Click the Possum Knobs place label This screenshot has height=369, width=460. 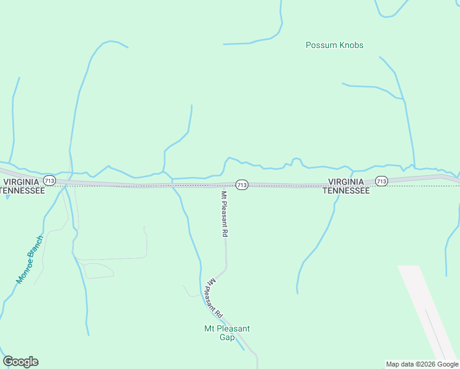335,45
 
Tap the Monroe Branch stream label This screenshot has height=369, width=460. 30,260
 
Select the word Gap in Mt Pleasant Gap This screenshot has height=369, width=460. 227,336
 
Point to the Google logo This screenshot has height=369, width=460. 20,362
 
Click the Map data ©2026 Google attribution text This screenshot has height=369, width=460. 422,364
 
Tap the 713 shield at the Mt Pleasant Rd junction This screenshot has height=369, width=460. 242,184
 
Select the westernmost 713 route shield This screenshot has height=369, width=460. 50,181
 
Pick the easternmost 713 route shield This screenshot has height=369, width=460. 381,181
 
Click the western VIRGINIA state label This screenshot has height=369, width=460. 22,182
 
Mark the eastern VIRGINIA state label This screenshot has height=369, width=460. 347,182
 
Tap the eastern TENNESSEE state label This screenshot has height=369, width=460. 346,191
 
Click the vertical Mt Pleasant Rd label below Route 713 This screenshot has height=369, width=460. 224,214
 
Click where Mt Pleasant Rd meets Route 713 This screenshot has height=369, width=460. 225,184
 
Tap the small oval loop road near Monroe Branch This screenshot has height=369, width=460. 98,271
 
